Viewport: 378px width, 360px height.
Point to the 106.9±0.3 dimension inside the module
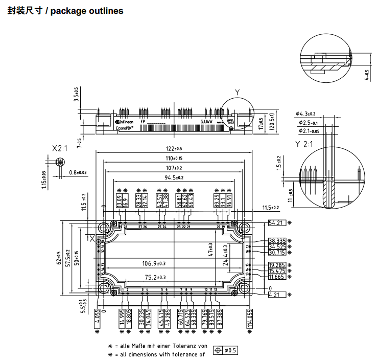(157, 264)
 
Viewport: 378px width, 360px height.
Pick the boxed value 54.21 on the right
(276, 223)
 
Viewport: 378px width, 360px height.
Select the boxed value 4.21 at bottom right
(276, 295)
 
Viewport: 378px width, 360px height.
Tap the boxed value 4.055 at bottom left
(98, 318)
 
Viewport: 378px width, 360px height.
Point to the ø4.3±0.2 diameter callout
(305, 114)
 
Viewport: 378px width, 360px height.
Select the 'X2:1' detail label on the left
(60, 148)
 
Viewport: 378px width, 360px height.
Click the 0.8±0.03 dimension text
(78, 173)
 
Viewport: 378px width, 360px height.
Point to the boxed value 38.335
(277, 240)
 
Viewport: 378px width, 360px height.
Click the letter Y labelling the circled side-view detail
(237, 92)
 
